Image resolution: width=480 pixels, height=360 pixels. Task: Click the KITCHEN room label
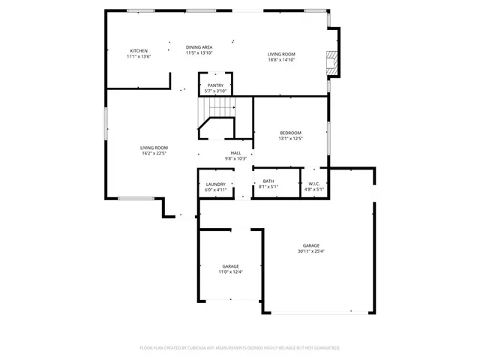139,51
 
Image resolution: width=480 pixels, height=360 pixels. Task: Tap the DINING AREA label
199,47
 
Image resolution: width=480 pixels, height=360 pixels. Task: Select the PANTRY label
215,85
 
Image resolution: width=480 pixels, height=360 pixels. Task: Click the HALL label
235,153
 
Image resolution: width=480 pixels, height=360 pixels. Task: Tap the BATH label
268,181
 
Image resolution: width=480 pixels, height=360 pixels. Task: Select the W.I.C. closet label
313,184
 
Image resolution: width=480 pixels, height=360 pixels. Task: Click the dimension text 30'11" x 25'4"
311,251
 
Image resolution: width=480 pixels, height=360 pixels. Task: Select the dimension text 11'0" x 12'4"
230,271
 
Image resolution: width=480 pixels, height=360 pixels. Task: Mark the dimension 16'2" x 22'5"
154,154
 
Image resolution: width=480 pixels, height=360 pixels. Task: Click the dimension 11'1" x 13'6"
139,56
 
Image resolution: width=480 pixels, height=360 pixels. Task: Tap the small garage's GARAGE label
230,266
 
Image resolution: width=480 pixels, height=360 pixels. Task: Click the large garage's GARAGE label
311,245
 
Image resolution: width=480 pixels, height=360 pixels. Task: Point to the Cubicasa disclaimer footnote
240,348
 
